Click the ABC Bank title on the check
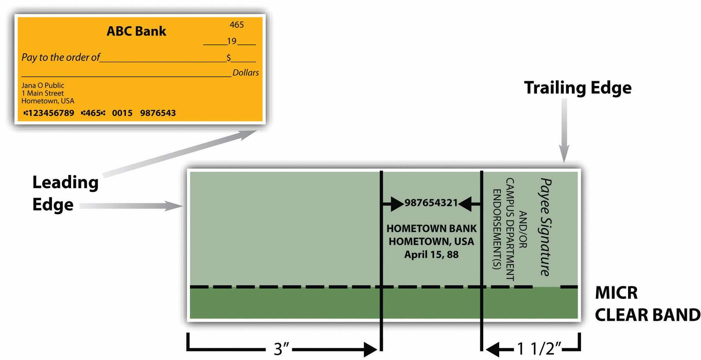pyautogui.click(x=136, y=31)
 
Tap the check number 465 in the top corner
pyautogui.click(x=237, y=25)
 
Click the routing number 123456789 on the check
pyautogui.click(x=51, y=113)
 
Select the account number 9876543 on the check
pyautogui.click(x=158, y=113)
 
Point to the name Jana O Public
pyautogui.click(x=43, y=86)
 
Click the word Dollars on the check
pyautogui.click(x=246, y=73)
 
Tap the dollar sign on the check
pyautogui.click(x=229, y=58)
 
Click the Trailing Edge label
pyautogui.click(x=578, y=88)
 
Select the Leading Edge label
pyautogui.click(x=65, y=193)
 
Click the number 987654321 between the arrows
pyautogui.click(x=431, y=203)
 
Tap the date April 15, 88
pyautogui.click(x=431, y=255)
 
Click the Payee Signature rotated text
pyautogui.click(x=545, y=227)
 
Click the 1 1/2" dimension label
pyautogui.click(x=539, y=349)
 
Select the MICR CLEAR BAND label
pyautogui.click(x=647, y=304)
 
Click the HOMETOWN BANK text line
pyautogui.click(x=431, y=229)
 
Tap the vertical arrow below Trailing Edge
pyautogui.click(x=564, y=130)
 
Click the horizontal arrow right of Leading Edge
pyautogui.click(x=130, y=206)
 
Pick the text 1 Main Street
pyautogui.click(x=43, y=93)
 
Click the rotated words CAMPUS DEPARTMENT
pyautogui.click(x=510, y=229)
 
